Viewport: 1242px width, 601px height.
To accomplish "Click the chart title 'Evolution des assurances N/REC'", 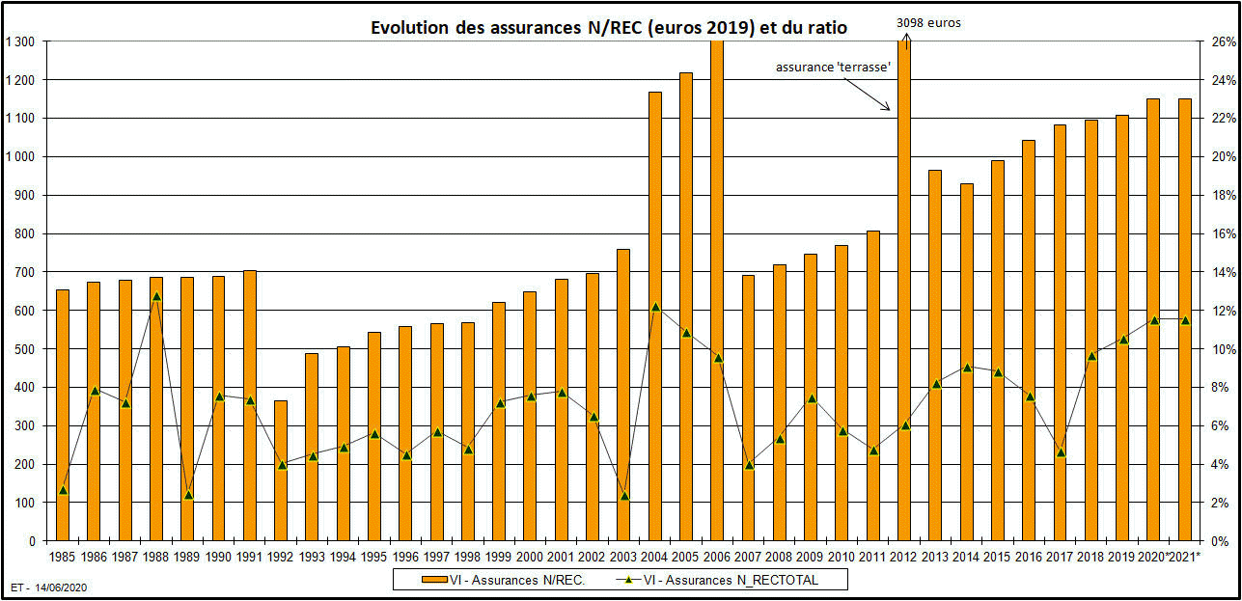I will tap(609, 28).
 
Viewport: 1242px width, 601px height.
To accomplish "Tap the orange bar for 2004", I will tap(655, 316).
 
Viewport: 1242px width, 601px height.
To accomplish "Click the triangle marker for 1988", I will tap(156, 296).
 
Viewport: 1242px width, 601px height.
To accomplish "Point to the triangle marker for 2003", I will tap(624, 496).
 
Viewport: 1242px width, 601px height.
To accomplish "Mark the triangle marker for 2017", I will tap(1061, 451).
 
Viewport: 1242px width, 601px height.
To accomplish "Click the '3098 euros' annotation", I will tap(928, 21).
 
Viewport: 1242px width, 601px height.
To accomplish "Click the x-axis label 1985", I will tap(62, 556).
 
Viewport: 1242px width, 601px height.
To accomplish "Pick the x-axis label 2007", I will tap(749, 556).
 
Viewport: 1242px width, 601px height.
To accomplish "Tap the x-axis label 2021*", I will tap(1185, 556).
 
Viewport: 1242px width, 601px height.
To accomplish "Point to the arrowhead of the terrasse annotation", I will tap(889, 109).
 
